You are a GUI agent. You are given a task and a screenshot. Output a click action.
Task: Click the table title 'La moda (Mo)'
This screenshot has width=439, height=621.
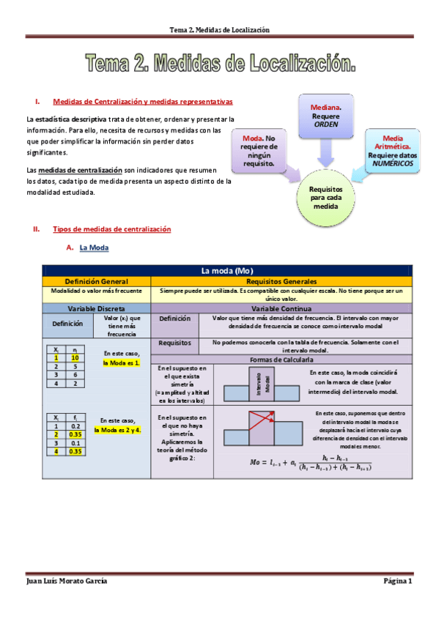pos(226,272)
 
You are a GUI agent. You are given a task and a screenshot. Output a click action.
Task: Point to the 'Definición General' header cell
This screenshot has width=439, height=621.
pos(97,281)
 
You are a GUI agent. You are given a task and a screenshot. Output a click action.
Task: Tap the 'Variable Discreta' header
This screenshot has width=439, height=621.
pos(97,308)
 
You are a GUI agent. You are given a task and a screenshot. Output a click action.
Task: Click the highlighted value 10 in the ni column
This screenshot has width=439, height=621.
pos(75,358)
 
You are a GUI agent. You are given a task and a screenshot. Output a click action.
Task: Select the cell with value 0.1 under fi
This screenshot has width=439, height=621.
pos(75,443)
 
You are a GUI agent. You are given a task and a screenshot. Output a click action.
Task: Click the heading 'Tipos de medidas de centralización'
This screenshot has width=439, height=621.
pos(111,229)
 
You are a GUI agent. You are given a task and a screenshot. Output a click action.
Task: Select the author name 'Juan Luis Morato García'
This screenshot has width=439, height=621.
pos(67,581)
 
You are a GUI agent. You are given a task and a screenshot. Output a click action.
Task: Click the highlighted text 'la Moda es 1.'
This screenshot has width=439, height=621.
pos(121,362)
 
